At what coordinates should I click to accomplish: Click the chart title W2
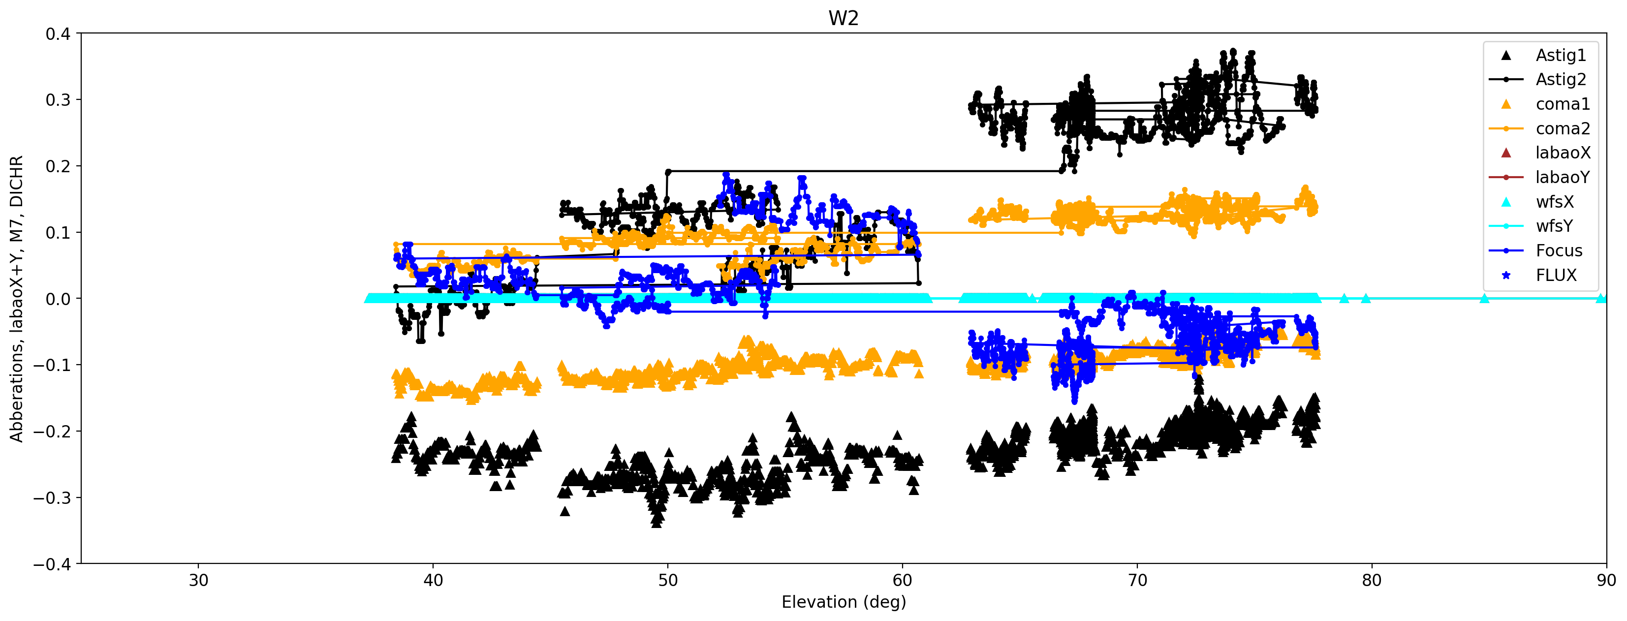[x=843, y=18]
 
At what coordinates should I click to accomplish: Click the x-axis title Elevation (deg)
[x=843, y=601]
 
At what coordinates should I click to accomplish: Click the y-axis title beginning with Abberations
[x=16, y=298]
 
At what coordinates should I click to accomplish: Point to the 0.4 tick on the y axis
[x=58, y=33]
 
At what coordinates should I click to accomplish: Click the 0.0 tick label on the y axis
[x=58, y=299]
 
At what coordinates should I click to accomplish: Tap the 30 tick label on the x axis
[x=198, y=580]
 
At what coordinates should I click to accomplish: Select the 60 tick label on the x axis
[x=902, y=580]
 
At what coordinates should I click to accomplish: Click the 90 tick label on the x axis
[x=1605, y=580]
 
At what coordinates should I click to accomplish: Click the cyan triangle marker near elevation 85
[x=1484, y=298]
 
